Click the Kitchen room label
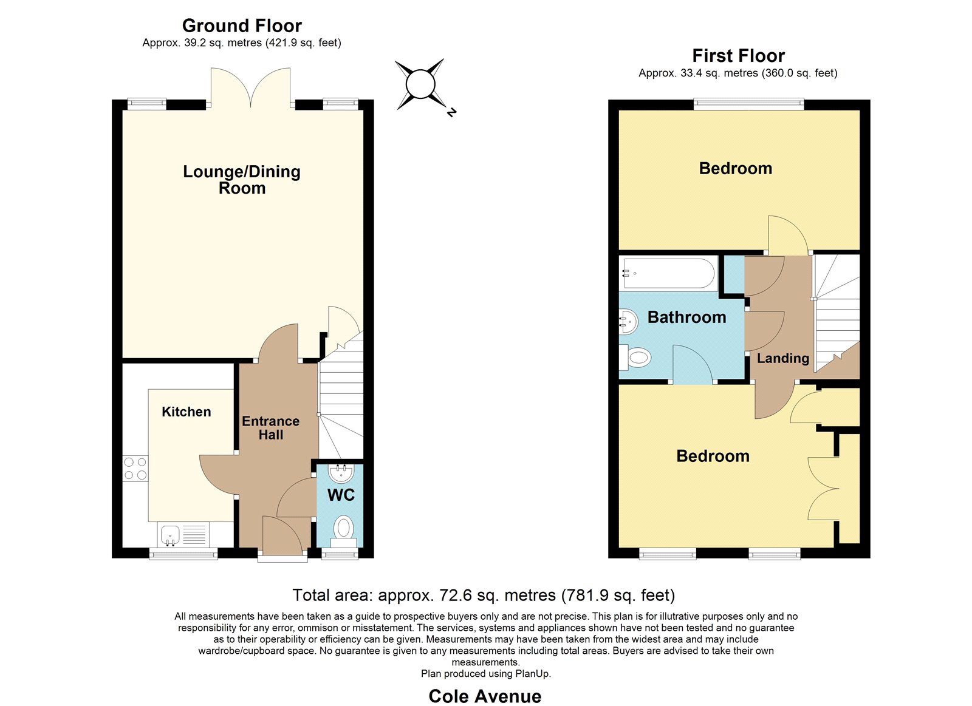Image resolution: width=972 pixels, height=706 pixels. [x=186, y=412]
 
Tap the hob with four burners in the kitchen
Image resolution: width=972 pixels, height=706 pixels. [x=135, y=469]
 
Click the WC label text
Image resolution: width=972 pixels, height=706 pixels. [x=341, y=495]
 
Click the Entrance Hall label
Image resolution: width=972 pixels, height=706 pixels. [x=271, y=427]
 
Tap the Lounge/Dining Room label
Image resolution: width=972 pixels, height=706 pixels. [x=242, y=180]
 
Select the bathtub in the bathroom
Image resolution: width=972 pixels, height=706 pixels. [x=668, y=273]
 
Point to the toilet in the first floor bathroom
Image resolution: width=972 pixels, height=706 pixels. [x=635, y=358]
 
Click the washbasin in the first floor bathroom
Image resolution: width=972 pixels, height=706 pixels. [x=629, y=321]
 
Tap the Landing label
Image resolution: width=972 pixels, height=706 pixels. [x=783, y=358]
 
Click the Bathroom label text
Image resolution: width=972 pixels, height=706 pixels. [x=687, y=317]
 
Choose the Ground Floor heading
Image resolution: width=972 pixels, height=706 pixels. [x=242, y=26]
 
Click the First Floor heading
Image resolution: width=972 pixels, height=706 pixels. [x=738, y=56]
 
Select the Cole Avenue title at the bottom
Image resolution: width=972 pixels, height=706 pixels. [x=485, y=696]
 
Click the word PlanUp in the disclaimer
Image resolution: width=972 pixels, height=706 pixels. [x=532, y=673]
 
